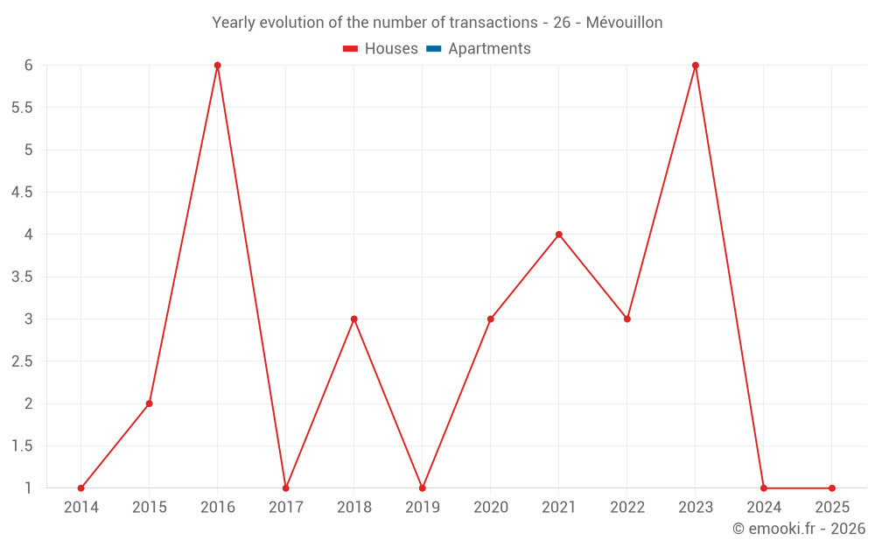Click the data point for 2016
218,66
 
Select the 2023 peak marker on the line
696,66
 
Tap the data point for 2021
559,235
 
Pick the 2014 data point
81,488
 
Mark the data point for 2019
423,488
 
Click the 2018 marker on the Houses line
354,319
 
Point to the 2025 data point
832,488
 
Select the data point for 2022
627,319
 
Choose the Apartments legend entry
489,49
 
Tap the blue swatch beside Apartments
433,49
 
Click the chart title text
437,23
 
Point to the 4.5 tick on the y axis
22,193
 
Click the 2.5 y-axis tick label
22,361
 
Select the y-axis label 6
29,66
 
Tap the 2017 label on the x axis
286,508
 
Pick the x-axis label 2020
491,508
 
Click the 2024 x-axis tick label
764,508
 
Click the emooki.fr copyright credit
798,529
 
